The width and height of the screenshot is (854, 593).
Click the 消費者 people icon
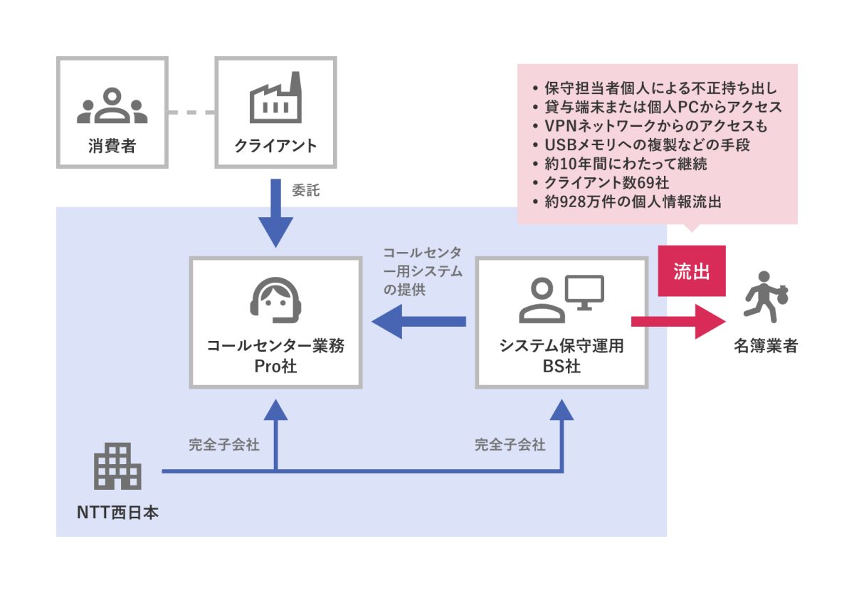[112, 105]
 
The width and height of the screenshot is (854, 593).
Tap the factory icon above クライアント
[275, 102]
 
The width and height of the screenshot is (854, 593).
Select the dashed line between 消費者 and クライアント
[191, 112]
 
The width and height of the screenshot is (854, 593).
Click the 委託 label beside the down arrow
[306, 191]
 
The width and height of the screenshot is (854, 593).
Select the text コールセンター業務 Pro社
[275, 356]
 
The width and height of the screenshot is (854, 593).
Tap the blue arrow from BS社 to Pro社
[420, 322]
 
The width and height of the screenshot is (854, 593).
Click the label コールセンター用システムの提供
[423, 271]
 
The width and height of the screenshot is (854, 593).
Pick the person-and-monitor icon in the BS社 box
[562, 298]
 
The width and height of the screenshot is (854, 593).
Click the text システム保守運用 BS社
[562, 356]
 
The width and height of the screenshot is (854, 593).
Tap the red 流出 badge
[692, 271]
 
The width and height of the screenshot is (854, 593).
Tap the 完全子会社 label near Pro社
[224, 446]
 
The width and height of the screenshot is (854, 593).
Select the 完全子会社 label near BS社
[510, 446]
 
